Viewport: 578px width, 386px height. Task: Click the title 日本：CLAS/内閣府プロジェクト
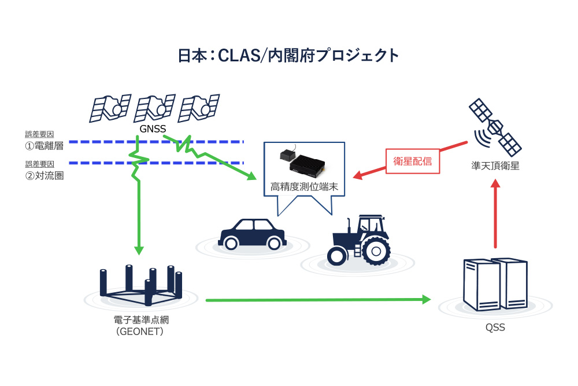pos(288,56)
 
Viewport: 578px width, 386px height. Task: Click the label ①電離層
pos(44,145)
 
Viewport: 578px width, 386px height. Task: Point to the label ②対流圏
pos(44,175)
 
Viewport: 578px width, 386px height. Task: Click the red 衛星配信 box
pos(413,161)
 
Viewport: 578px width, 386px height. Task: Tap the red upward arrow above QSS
pos(495,214)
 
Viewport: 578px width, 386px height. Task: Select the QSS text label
pos(495,328)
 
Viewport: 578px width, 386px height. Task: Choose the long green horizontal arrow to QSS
pos(318,300)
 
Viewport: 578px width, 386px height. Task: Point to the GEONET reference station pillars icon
pos(141,285)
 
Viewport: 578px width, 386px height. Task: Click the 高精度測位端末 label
pos(304,187)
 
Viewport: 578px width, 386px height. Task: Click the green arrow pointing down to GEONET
pos(139,220)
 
